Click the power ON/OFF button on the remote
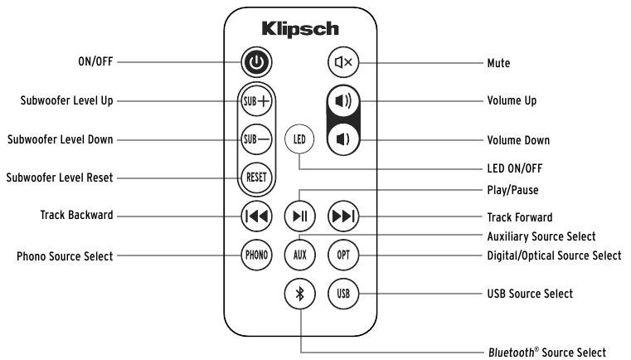pos(255,62)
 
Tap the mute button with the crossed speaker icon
pos(341,62)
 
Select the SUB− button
pos(255,139)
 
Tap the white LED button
pos(299,139)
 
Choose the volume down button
pos(341,139)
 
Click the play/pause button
pos(299,216)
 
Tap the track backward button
pos(255,216)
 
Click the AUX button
pos(299,254)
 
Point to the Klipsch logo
pos(299,28)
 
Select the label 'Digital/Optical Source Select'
pos(553,255)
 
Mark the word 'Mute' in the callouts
pos(498,63)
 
